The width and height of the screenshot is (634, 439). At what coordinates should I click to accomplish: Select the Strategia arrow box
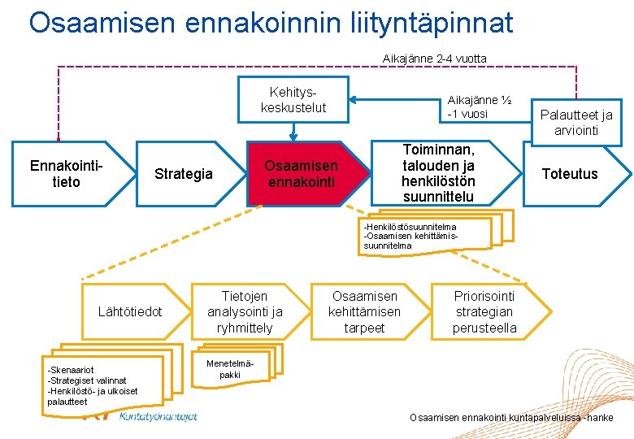point(184,174)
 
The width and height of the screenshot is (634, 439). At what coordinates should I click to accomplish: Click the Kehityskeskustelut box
point(293,99)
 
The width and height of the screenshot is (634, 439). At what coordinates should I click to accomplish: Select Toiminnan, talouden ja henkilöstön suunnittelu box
point(439,173)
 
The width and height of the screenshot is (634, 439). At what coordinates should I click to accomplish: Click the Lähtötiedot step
point(130,311)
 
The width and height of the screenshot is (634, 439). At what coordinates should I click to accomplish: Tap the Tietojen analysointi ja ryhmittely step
point(245,312)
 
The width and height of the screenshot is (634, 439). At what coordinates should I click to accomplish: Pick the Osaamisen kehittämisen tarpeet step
point(364,312)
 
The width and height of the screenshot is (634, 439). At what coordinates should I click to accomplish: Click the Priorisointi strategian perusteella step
point(484,312)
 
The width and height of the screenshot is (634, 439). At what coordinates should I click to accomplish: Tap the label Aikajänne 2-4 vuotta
point(435,59)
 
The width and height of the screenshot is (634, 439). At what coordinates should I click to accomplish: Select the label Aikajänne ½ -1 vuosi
point(479,106)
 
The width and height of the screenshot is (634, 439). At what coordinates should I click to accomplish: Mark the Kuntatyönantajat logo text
point(158,416)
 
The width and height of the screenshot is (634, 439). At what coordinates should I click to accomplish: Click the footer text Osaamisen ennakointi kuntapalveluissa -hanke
point(511,418)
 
